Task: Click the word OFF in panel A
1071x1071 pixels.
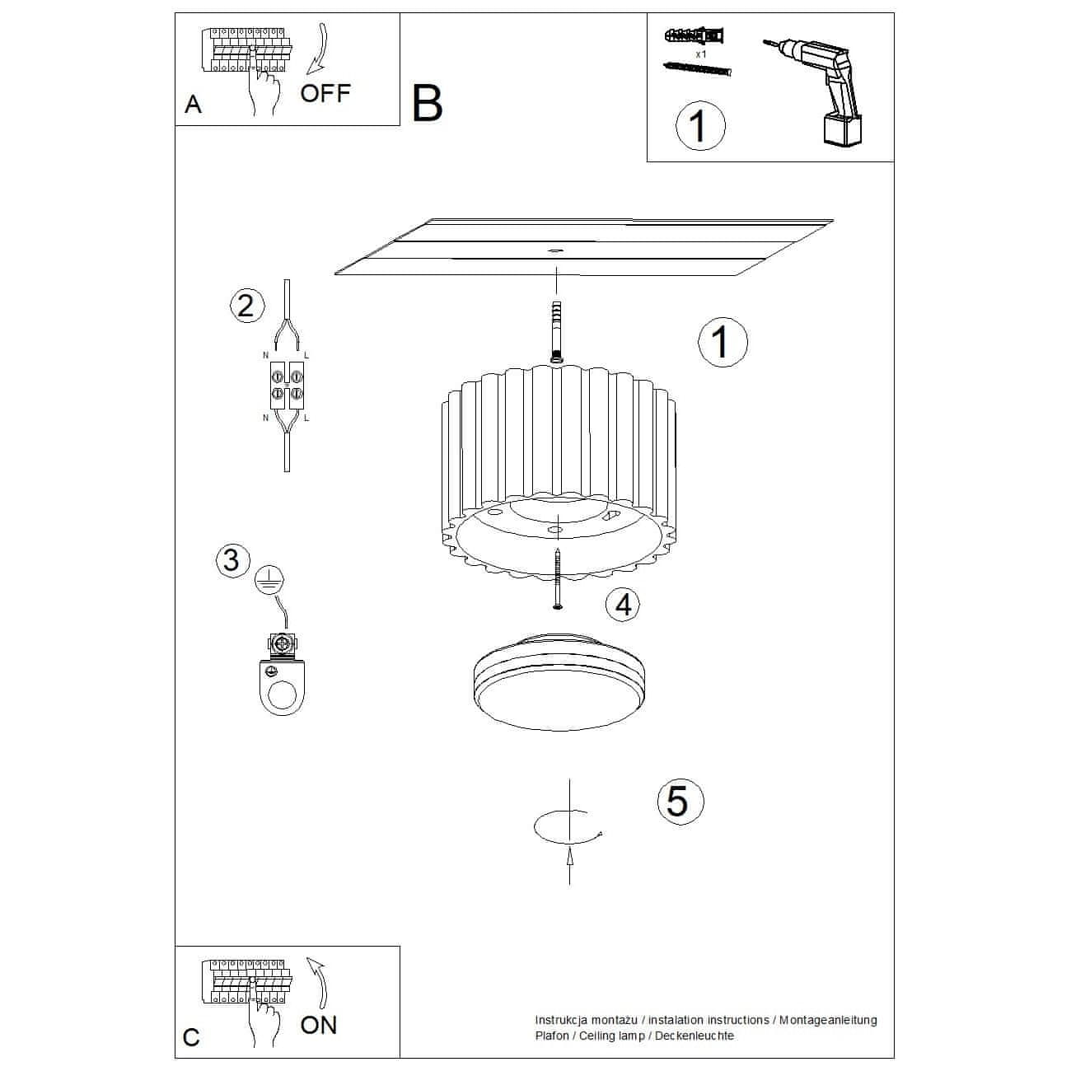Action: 325,93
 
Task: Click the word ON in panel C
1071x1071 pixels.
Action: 319,1025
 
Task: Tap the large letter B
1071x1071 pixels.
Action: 427,103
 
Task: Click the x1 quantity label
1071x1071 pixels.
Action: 701,54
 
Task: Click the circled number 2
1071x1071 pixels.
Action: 247,306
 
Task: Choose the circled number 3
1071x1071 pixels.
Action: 233,560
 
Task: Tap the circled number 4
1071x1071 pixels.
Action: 623,605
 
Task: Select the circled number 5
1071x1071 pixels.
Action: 680,801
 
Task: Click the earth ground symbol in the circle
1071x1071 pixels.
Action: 269,582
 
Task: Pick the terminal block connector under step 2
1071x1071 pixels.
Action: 287,386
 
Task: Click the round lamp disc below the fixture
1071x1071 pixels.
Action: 559,680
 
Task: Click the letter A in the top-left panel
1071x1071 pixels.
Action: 193,105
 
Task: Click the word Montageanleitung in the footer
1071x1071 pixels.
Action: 828,1020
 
